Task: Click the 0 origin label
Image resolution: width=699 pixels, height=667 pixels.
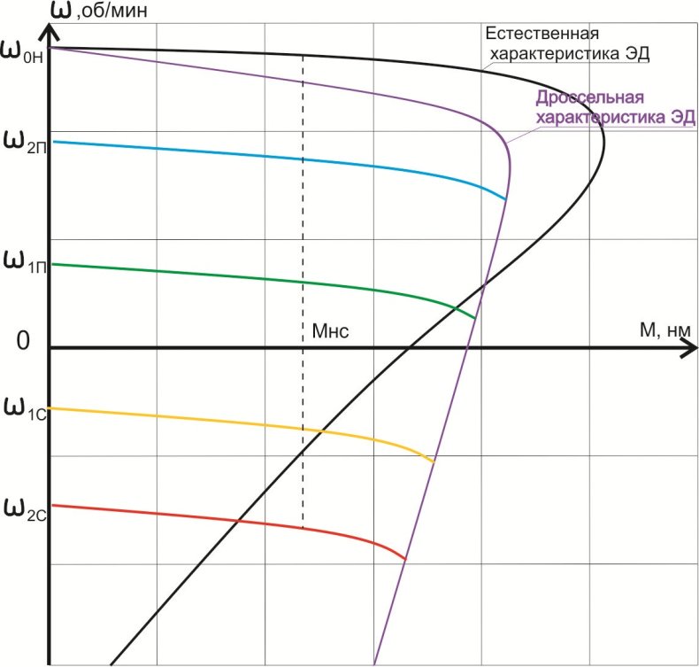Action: pyautogui.click(x=26, y=342)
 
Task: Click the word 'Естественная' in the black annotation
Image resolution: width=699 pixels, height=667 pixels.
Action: pyautogui.click(x=542, y=34)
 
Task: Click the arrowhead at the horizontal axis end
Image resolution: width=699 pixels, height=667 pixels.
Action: pyautogui.click(x=688, y=347)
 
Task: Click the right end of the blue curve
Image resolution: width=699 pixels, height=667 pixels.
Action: pyautogui.click(x=505, y=199)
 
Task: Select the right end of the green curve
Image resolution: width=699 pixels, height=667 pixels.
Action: pyautogui.click(x=475, y=317)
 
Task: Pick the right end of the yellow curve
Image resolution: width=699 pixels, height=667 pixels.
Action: pyautogui.click(x=434, y=461)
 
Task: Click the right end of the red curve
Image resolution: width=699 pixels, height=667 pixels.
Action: pyautogui.click(x=405, y=559)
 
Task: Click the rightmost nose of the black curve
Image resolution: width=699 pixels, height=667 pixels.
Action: pyautogui.click(x=604, y=142)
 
